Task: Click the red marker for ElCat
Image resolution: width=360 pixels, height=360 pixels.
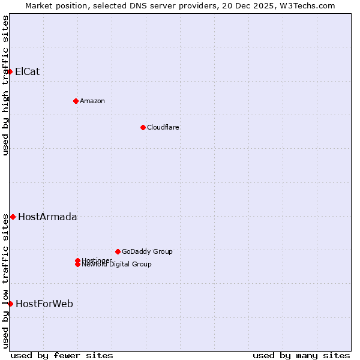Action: pos(10,71)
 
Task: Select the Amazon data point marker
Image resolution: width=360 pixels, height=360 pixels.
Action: pos(76,101)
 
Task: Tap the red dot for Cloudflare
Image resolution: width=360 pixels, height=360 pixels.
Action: pos(143,127)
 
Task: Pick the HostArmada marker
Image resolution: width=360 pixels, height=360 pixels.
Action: pos(13,217)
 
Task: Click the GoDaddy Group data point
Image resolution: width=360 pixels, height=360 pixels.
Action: pos(118,251)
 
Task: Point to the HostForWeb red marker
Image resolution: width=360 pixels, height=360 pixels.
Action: pos(10,304)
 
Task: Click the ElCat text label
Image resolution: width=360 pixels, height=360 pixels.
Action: pos(27,71)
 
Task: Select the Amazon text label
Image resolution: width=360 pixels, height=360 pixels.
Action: pos(92,101)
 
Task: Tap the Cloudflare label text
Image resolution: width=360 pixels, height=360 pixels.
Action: pos(163,127)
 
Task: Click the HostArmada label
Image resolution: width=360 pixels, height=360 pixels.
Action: pos(47,217)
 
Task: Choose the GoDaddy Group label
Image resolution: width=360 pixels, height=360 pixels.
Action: pos(147,251)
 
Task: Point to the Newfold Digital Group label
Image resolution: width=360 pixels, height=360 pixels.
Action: pos(117,265)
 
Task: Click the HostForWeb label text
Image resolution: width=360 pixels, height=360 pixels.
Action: pos(44,304)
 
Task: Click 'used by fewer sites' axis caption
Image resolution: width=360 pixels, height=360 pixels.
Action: pos(62,355)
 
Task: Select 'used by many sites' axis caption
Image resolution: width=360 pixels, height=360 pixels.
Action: pos(301,355)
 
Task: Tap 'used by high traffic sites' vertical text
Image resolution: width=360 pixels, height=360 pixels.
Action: pos(6,85)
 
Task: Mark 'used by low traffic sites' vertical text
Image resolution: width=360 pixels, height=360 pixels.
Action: pos(6,281)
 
